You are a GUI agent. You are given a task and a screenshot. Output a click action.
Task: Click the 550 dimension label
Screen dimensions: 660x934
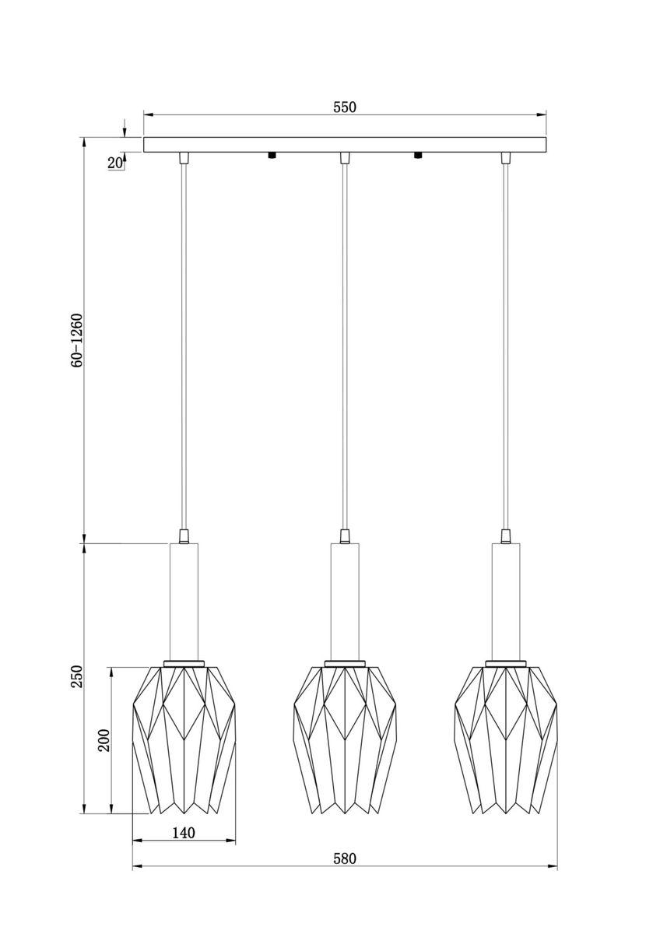[x=344, y=107]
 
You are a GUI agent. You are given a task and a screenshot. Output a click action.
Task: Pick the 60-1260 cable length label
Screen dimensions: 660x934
[x=77, y=340]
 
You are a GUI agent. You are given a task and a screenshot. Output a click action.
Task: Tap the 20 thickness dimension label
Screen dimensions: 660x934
[x=114, y=163]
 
